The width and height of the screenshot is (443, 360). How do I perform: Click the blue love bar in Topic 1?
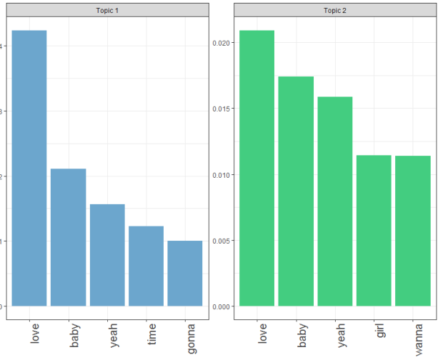[29, 168]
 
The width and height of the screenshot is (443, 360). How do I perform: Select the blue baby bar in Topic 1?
[69, 237]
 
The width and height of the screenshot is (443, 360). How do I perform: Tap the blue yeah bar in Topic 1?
[107, 255]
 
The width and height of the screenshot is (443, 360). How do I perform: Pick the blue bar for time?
[146, 266]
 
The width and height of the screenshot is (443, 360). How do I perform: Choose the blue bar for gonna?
[185, 274]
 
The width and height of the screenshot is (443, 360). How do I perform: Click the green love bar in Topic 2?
[257, 168]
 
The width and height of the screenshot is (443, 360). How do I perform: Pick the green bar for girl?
[374, 230]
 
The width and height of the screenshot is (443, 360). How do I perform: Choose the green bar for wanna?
[413, 231]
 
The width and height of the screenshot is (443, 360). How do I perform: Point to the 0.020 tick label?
[221, 43]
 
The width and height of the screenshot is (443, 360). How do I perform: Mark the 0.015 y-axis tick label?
[221, 109]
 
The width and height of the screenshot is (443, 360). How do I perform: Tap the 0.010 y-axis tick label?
[221, 175]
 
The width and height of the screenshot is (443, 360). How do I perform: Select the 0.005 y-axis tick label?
[221, 241]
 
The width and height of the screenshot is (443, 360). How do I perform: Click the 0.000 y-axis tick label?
[221, 306]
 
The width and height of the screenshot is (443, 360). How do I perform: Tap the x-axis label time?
[152, 334]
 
